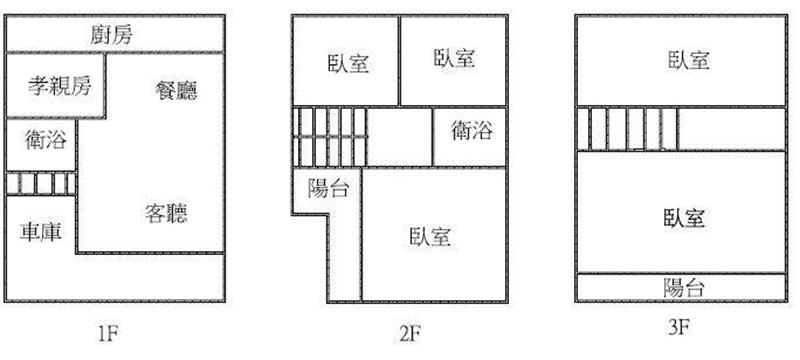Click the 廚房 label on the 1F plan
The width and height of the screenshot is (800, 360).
point(112,35)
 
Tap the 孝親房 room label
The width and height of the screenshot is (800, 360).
point(60,86)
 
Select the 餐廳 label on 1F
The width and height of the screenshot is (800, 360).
point(176,90)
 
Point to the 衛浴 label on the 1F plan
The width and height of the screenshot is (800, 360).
point(46,140)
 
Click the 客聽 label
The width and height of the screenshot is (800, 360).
point(166,213)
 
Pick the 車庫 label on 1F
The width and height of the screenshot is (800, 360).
point(41,232)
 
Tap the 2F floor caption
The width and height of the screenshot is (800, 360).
point(409,334)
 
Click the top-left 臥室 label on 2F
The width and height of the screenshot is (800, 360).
point(349,64)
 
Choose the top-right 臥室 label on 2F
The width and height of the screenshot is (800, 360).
point(455,58)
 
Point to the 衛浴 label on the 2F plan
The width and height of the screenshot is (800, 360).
point(472,131)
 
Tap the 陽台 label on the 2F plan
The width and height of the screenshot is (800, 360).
point(329,189)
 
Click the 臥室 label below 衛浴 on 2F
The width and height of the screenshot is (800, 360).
point(430,237)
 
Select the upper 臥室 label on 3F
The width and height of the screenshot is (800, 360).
point(689,60)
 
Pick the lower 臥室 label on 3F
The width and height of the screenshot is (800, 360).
point(684,218)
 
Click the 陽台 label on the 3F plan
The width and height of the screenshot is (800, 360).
point(684,288)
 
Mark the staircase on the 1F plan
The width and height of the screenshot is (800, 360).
point(41,184)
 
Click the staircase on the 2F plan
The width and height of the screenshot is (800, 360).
point(330,137)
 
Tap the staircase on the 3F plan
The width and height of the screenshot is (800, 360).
point(628,128)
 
